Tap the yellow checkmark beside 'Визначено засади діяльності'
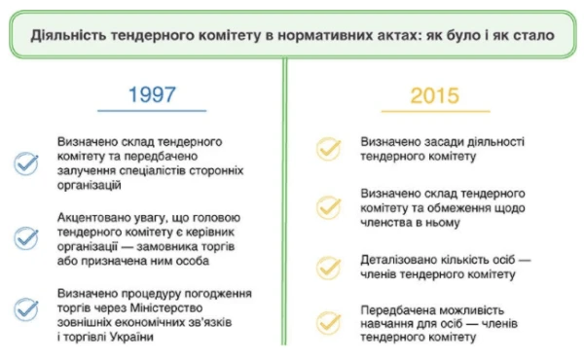click(329, 147)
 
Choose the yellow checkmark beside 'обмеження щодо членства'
click(329, 207)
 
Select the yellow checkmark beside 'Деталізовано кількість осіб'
click(329, 267)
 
